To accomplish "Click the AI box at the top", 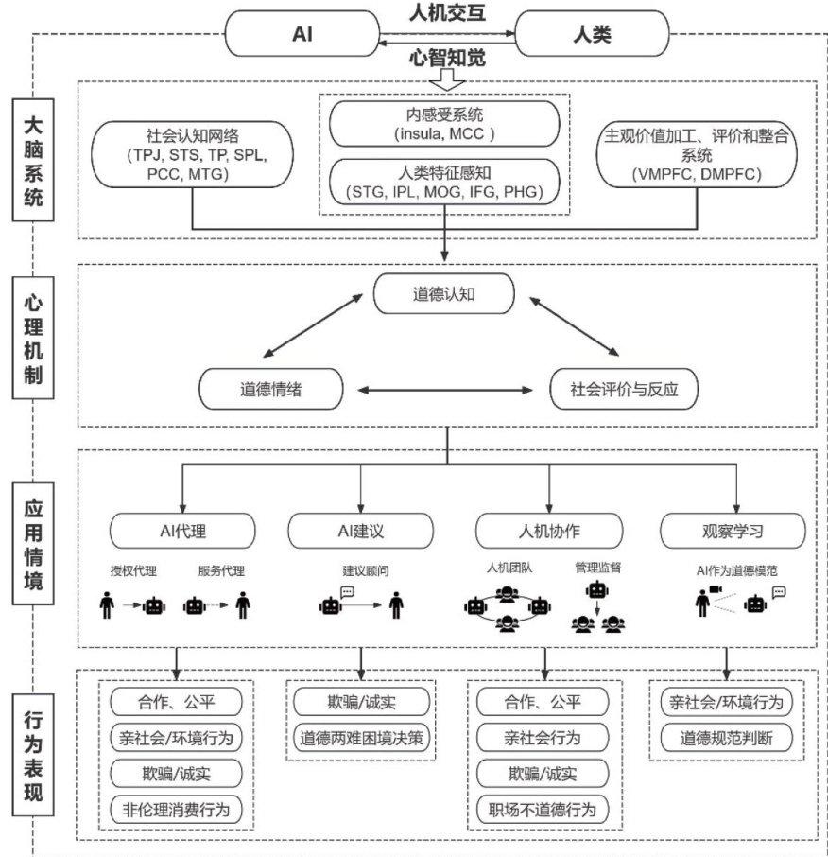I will (x=302, y=35).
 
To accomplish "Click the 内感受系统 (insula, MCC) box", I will (x=443, y=124).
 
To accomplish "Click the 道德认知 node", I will (x=444, y=293).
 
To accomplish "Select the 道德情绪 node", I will (x=270, y=389).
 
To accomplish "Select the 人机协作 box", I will (x=549, y=527).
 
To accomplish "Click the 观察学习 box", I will (x=733, y=527).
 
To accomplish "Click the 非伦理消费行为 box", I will (x=176, y=809).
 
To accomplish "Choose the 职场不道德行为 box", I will (x=543, y=810).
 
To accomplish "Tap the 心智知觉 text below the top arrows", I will (x=446, y=59).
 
